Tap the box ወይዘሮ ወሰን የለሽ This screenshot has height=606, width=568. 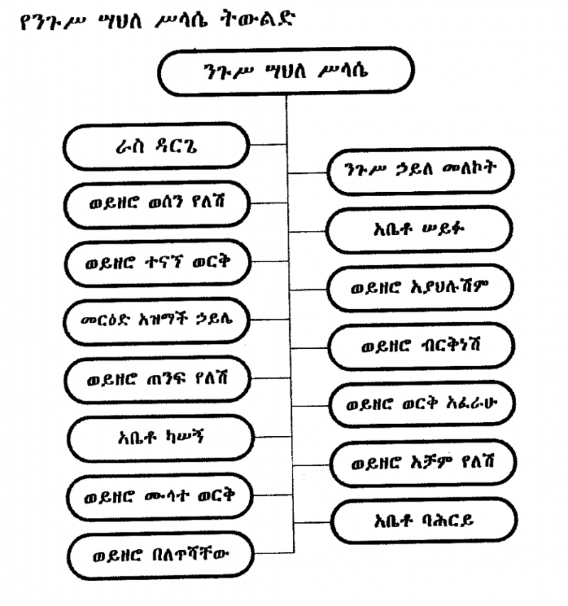tap(157, 203)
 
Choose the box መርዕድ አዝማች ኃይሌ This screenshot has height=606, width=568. tap(158, 320)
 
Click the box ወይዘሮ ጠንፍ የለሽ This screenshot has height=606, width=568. tap(158, 377)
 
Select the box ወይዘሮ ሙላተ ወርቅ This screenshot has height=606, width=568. tap(158, 492)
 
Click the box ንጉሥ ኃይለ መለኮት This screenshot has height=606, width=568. tap(419, 171)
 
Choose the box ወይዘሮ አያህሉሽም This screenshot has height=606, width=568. tap(419, 288)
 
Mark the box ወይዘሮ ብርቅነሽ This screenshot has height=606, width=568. tap(420, 347)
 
